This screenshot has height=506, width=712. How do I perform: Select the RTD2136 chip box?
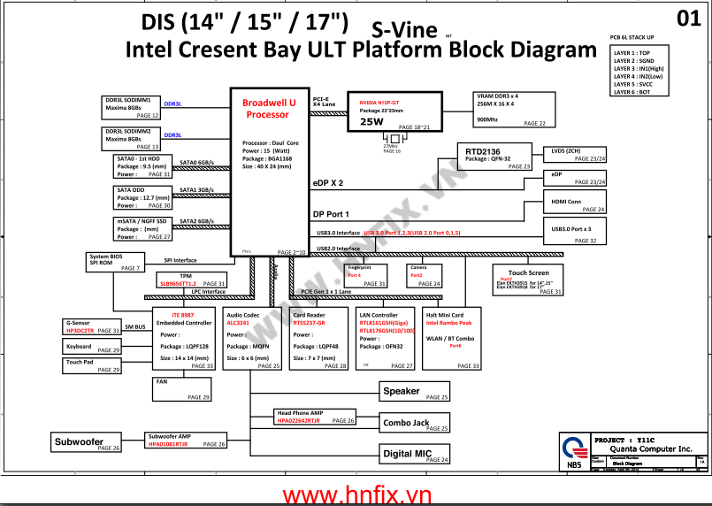tap(494, 156)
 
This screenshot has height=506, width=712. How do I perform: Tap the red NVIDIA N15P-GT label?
tap(379, 103)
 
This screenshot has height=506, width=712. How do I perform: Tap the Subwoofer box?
tap(86, 443)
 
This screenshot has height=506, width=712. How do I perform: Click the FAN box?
tap(183, 388)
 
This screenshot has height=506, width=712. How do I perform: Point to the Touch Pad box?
tap(92, 365)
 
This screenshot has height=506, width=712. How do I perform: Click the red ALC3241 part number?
tap(239, 324)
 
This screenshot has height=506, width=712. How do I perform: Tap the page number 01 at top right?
tap(688, 18)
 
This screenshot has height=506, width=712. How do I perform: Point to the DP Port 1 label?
tap(332, 214)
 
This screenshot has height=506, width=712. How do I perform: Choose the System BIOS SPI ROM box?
tap(114, 262)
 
